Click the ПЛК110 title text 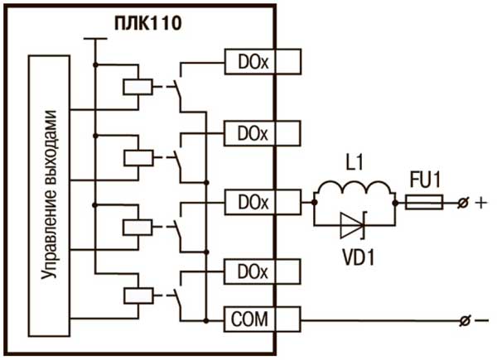[148, 24]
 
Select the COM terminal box [262, 319]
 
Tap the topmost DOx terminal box [263, 62]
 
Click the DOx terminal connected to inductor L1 [263, 202]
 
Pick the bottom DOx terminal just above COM [262, 271]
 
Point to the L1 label [354, 164]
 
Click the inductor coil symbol [355, 190]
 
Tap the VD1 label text [359, 257]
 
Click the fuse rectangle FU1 [424, 202]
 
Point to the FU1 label [426, 180]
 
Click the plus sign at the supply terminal [480, 202]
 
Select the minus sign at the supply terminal [482, 321]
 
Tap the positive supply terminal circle [463, 203]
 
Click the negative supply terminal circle [465, 321]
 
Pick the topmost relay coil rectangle [138, 87]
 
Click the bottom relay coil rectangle [138, 295]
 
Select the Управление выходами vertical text [50, 194]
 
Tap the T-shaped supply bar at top [95, 39]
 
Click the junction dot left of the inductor [315, 202]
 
